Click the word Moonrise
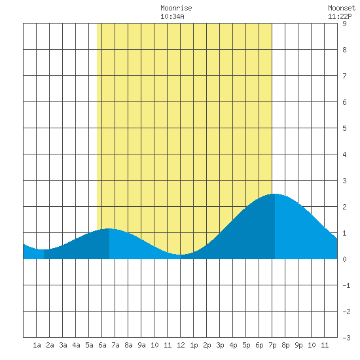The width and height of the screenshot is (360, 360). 176,8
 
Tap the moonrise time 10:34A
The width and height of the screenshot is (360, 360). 172,16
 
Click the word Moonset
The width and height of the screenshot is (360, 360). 342,8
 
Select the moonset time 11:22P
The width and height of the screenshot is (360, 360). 340,16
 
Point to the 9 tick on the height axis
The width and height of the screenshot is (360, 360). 344,24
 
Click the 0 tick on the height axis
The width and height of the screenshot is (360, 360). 344,259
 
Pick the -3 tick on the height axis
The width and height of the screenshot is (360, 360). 347,338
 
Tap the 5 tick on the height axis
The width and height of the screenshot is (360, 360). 344,128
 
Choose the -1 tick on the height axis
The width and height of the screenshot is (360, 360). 347,285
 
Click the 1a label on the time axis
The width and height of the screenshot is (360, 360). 37,345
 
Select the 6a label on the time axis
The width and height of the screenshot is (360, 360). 102,345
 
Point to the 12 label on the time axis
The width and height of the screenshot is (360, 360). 181,345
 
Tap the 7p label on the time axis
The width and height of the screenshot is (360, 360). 272,345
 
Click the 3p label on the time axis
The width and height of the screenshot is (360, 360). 220,345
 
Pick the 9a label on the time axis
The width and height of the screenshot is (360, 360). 141,345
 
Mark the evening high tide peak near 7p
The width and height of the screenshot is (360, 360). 275,194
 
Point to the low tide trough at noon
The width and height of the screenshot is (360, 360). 181,255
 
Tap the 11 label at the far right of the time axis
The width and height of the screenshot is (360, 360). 325,345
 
